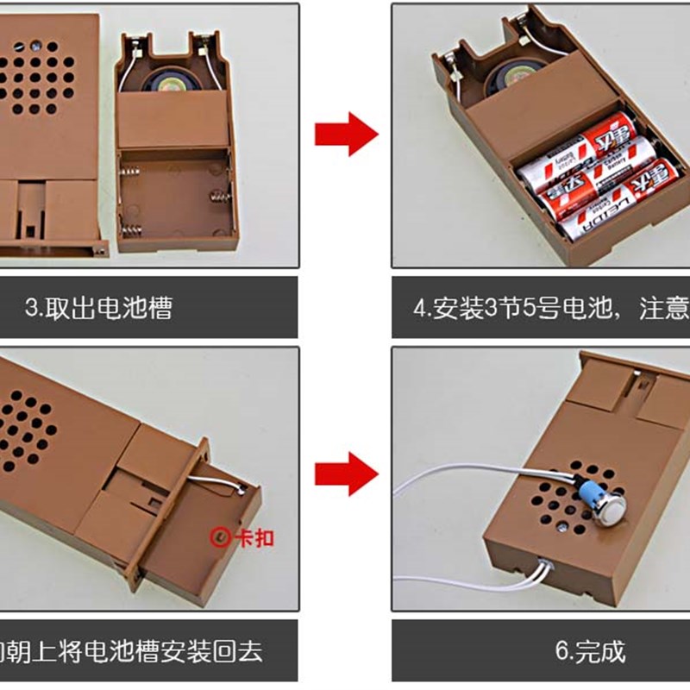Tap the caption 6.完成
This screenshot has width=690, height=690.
click(591, 650)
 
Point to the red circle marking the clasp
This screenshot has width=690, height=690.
click(221, 538)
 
